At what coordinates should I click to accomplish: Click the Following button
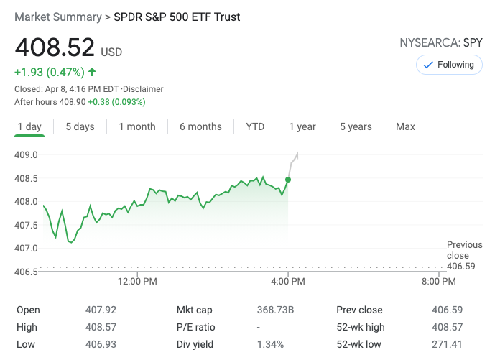[x=449, y=65]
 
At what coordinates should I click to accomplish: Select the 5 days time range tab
[x=80, y=126]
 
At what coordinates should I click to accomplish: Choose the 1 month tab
[x=137, y=126]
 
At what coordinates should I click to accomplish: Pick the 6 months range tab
[x=200, y=126]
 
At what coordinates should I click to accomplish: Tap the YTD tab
[x=255, y=126]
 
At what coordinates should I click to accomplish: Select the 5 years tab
[x=356, y=126]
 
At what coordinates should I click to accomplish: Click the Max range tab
[x=405, y=126]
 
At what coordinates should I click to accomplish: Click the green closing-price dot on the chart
[x=288, y=180]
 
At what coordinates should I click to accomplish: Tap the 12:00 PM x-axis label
[x=137, y=282]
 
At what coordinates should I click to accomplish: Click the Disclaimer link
[x=143, y=89]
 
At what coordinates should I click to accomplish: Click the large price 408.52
[x=55, y=47]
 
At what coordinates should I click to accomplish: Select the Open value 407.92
[x=101, y=310]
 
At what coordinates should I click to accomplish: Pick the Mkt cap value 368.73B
[x=276, y=310]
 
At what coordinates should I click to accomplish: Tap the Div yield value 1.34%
[x=272, y=344]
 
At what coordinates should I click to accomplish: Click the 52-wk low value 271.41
[x=449, y=344]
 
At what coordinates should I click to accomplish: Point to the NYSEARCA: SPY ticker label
[x=441, y=42]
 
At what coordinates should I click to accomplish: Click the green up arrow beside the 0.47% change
[x=92, y=72]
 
